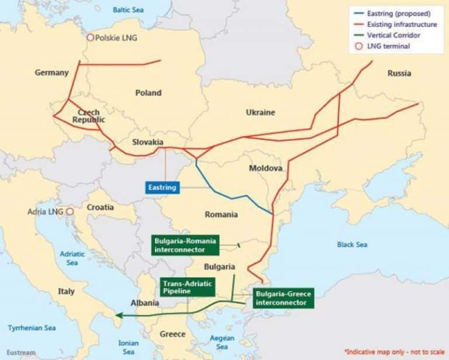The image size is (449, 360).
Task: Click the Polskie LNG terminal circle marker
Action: tap(90, 37)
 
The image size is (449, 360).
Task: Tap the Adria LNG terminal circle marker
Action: tap(70, 212)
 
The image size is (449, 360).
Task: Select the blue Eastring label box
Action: tap(162, 188)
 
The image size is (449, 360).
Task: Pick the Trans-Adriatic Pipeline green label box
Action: tap(188, 286)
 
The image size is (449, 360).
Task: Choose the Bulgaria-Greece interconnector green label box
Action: tap(283, 298)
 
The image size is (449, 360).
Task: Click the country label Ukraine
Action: tap(260, 112)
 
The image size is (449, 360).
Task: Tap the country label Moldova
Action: tap(265, 168)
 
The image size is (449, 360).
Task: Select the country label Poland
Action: tap(148, 92)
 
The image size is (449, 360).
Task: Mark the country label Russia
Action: tap(399, 73)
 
